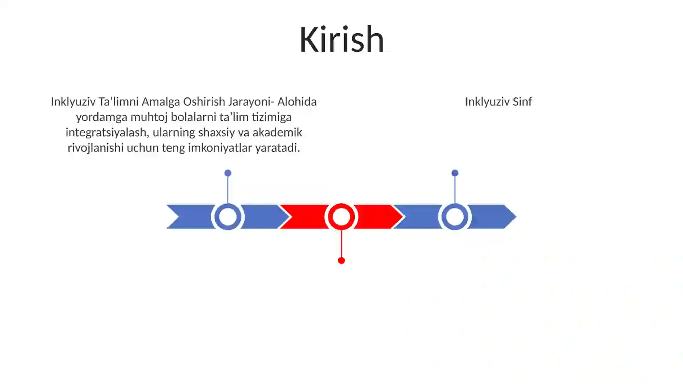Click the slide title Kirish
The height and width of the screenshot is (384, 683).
click(x=341, y=40)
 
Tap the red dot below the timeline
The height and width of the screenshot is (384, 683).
click(x=341, y=261)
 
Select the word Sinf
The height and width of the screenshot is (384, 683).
click(x=522, y=102)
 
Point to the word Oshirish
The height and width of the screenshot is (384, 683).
click(x=204, y=102)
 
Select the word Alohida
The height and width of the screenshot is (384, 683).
click(x=297, y=102)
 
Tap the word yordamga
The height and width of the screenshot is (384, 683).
click(x=102, y=117)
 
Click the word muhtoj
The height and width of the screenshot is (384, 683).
click(x=149, y=117)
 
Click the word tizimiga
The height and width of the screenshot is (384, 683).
click(x=271, y=117)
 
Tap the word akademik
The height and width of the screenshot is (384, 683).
click(x=277, y=132)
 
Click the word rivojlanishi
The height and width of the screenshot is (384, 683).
click(x=96, y=148)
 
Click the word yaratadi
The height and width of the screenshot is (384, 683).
click(x=278, y=148)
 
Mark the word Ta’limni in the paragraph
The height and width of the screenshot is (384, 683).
click(x=119, y=102)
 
